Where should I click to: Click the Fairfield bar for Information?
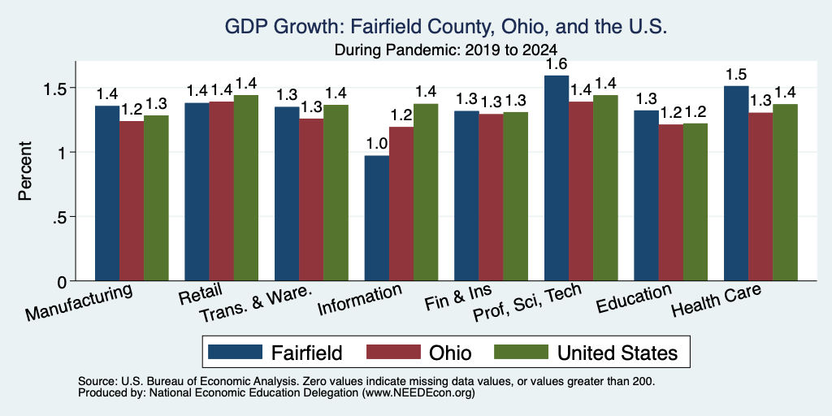pos(377,218)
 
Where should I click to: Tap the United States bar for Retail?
pos(246,188)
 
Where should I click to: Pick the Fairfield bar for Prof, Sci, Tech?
pos(557,178)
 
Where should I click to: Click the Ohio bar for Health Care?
pos(760,197)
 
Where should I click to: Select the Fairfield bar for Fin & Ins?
pos(466,196)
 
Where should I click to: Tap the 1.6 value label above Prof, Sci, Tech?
pos(557,65)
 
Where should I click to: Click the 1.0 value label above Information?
pos(377,143)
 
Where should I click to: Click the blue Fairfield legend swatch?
pos(235,352)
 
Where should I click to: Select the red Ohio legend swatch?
pos(393,352)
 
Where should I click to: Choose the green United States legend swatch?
pos(521,352)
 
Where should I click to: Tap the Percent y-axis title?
pos(25,171)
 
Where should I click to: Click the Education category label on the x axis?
pos(635,300)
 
